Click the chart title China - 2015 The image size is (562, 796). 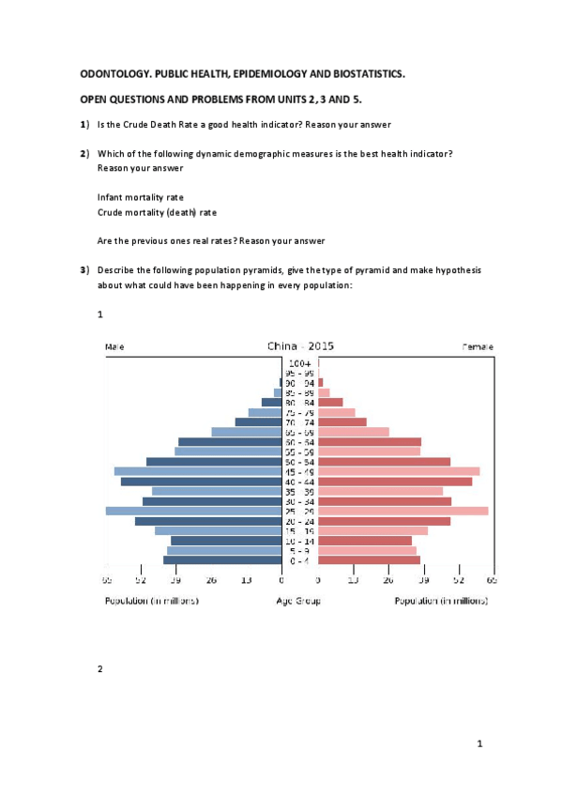[300, 346]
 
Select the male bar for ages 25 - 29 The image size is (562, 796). [193, 511]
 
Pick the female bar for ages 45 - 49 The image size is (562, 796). [399, 471]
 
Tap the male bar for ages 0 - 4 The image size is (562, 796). [222, 560]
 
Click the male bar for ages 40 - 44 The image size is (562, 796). [201, 482]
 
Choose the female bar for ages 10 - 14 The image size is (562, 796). [365, 541]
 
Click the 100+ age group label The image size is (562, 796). [300, 363]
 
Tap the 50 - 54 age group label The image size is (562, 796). [300, 462]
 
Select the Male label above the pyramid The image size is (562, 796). [114, 347]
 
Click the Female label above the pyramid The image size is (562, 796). [478, 347]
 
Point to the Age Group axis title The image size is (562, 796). [299, 601]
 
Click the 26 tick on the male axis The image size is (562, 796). [211, 581]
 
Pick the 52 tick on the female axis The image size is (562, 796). [459, 581]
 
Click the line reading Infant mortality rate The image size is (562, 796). [140, 197]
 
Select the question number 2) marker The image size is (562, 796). [84, 153]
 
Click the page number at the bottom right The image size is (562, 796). [479, 744]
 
